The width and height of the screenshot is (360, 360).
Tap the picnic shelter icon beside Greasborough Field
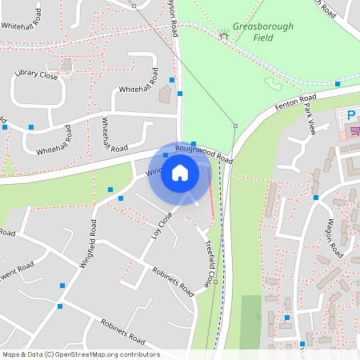pyautogui.click(x=225, y=33)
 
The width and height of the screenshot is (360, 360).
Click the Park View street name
pyautogui.click(x=311, y=128)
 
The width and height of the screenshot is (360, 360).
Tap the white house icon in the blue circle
pyautogui.click(x=180, y=172)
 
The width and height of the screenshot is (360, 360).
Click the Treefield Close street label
pyautogui.click(x=210, y=263)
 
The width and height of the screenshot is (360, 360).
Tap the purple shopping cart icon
pyautogui.click(x=353, y=130)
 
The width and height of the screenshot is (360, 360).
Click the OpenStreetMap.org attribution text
pyautogui.click(x=106, y=354)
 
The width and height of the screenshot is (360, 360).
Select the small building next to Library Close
pyautogui.click(x=166, y=94)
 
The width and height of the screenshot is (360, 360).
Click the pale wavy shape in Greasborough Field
pyautogui.click(x=274, y=83)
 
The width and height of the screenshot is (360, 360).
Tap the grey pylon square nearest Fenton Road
pyautogui.click(x=235, y=126)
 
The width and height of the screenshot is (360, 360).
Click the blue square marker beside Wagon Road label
pyautogui.click(x=316, y=197)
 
